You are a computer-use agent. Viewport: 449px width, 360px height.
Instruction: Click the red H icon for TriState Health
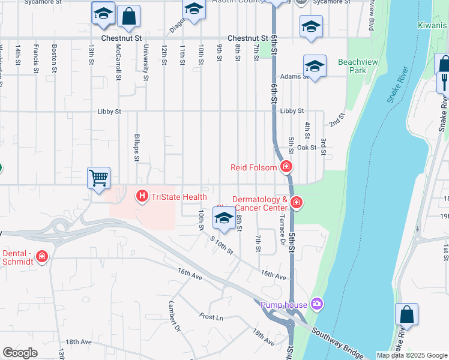click(x=142, y=196)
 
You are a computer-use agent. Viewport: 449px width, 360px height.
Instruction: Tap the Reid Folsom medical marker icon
click(x=287, y=167)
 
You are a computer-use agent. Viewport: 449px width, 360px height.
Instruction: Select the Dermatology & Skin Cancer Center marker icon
click(x=295, y=203)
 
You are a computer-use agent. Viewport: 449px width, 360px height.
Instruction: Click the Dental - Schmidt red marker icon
click(x=42, y=257)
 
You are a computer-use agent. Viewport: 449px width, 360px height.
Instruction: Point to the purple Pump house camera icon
click(x=316, y=305)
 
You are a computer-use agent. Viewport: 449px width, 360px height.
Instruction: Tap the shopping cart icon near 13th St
click(x=98, y=178)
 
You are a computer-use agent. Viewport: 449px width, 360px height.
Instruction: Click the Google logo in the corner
click(x=20, y=353)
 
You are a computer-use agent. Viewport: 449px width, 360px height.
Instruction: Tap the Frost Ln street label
click(x=211, y=316)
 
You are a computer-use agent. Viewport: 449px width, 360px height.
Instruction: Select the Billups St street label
click(x=136, y=148)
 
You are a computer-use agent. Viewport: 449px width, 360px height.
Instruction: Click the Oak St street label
click(x=306, y=147)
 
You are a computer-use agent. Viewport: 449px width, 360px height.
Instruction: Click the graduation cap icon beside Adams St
click(x=315, y=68)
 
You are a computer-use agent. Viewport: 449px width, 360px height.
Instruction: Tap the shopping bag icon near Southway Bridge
click(x=406, y=315)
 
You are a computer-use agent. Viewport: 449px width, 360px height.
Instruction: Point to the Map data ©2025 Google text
click(x=412, y=355)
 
